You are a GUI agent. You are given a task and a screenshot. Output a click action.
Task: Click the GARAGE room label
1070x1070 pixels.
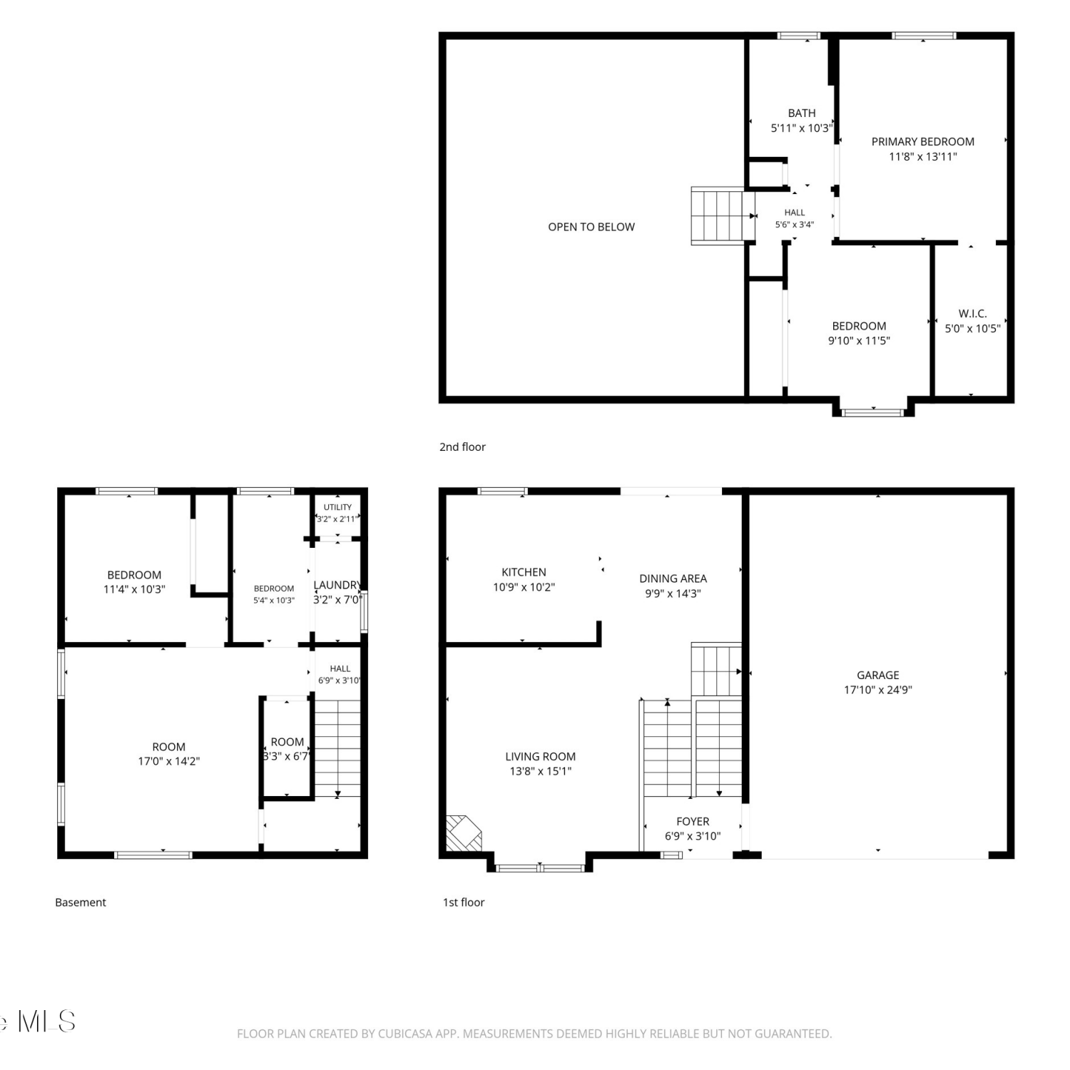tap(877, 675)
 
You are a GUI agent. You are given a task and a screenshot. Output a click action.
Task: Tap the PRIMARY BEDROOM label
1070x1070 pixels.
tap(922, 141)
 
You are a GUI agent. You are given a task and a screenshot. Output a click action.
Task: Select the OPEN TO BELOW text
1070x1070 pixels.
tap(591, 227)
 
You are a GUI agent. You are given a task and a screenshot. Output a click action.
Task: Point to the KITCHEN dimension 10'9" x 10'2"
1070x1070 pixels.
tap(524, 587)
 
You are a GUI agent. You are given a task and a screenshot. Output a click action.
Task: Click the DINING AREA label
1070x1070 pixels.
tap(673, 579)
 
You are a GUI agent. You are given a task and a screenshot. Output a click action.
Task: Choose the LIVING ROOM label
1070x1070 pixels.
tap(540, 756)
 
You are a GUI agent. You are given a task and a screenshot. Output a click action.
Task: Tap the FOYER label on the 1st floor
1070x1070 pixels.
tap(693, 822)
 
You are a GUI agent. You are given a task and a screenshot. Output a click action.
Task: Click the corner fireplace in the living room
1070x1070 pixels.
tap(462, 833)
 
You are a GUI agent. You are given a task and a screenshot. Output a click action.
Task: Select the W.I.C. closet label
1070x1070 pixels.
tap(972, 314)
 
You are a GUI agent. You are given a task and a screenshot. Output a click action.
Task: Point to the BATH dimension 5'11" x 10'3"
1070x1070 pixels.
tap(801, 128)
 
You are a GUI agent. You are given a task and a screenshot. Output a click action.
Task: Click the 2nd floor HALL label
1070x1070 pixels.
tap(795, 213)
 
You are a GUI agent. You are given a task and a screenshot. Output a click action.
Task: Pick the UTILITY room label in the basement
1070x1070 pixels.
tap(337, 507)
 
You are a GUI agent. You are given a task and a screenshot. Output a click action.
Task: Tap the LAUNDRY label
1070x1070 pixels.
tap(337, 585)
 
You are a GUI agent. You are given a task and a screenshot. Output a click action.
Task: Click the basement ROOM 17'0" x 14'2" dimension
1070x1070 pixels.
tap(168, 761)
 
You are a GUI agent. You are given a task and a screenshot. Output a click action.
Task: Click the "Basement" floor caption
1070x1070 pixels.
tap(81, 902)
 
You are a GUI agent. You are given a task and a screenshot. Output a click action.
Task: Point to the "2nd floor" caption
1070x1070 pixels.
tap(462, 447)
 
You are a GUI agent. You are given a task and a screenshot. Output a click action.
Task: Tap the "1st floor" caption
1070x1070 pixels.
tap(464, 902)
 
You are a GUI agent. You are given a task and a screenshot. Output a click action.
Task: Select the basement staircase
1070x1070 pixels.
tap(337, 748)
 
